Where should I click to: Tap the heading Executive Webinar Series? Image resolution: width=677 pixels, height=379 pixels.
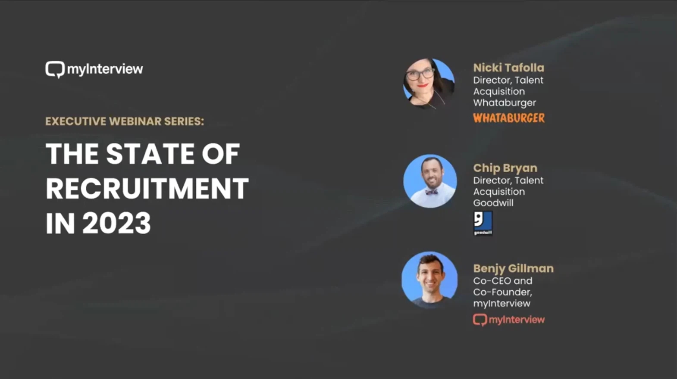125,121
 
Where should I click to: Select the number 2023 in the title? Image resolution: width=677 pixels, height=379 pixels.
116,223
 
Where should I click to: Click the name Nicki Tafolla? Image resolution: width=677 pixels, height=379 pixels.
509,68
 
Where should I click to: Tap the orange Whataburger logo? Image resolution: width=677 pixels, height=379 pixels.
509,118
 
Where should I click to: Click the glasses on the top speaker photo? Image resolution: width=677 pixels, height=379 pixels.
420,74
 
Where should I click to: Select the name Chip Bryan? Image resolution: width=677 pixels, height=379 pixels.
505,168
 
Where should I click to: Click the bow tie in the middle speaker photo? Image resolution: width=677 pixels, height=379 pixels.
431,192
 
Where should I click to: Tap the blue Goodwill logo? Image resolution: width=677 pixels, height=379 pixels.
483,223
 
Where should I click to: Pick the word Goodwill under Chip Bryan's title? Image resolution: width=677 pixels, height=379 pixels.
493,203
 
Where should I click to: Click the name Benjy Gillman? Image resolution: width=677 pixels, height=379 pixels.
513,269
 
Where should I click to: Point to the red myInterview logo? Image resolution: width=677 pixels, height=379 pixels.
509,320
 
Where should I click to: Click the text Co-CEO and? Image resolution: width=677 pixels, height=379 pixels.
503,281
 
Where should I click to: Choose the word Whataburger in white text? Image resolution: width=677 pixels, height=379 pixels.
505,103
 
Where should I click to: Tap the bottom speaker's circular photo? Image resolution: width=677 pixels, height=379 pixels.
429,280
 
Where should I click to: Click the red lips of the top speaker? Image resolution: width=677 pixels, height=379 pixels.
423,86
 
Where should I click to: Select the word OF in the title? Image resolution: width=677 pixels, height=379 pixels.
221,154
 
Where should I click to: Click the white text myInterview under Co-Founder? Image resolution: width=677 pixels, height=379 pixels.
501,304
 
